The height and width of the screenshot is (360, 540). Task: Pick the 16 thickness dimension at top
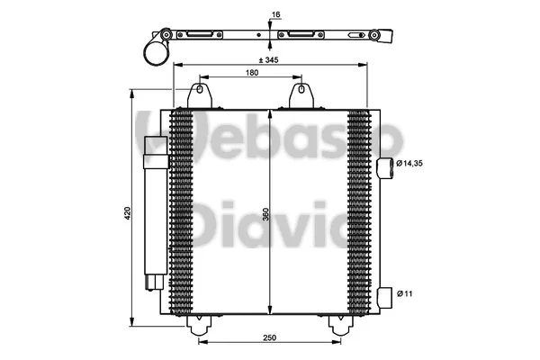click(275, 15)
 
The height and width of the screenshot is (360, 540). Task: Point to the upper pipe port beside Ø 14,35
click(384, 165)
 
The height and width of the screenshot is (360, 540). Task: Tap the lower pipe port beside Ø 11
click(384, 294)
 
